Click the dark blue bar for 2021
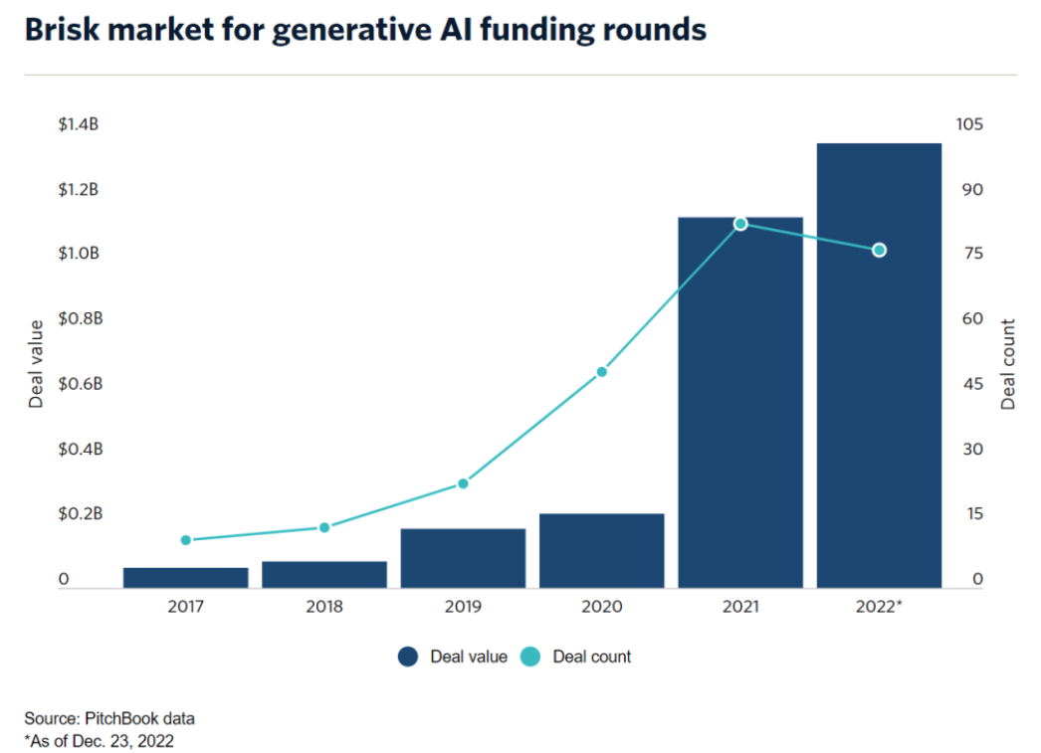[740, 402]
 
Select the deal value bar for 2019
[463, 558]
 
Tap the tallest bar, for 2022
[879, 365]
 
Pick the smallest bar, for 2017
[185, 577]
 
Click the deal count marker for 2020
[601, 372]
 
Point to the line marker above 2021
[740, 224]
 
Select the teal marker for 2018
[323, 527]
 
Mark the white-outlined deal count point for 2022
[879, 250]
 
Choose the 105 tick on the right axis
[968, 124]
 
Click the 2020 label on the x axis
[601, 606]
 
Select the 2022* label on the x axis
[880, 606]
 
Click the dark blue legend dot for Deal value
[407, 657]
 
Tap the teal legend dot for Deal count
[529, 657]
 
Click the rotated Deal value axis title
[37, 364]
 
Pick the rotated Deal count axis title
[1008, 364]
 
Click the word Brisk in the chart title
[61, 30]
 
